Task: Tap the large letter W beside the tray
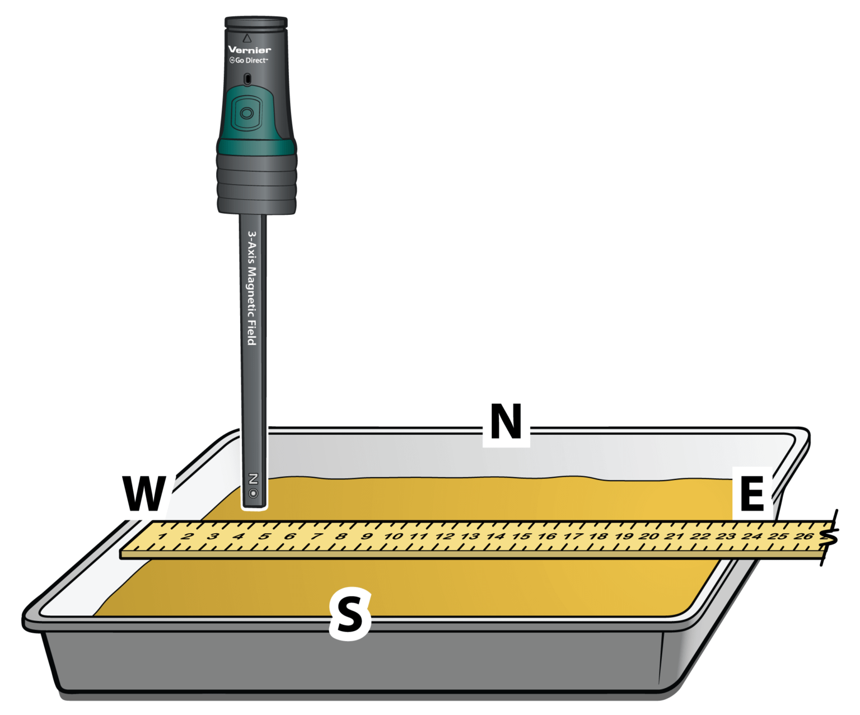pos(144,494)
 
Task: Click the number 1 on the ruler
pos(162,536)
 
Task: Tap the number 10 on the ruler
pos(393,536)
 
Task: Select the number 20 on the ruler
pos(649,536)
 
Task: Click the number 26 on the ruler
pos(803,536)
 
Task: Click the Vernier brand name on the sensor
pos(250,50)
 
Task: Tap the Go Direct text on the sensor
pos(249,60)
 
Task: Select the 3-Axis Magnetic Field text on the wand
pos(253,288)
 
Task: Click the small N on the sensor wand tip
pos(253,479)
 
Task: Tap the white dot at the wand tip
pos(253,493)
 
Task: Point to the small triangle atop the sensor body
pos(247,38)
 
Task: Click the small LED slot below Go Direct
pos(247,79)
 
